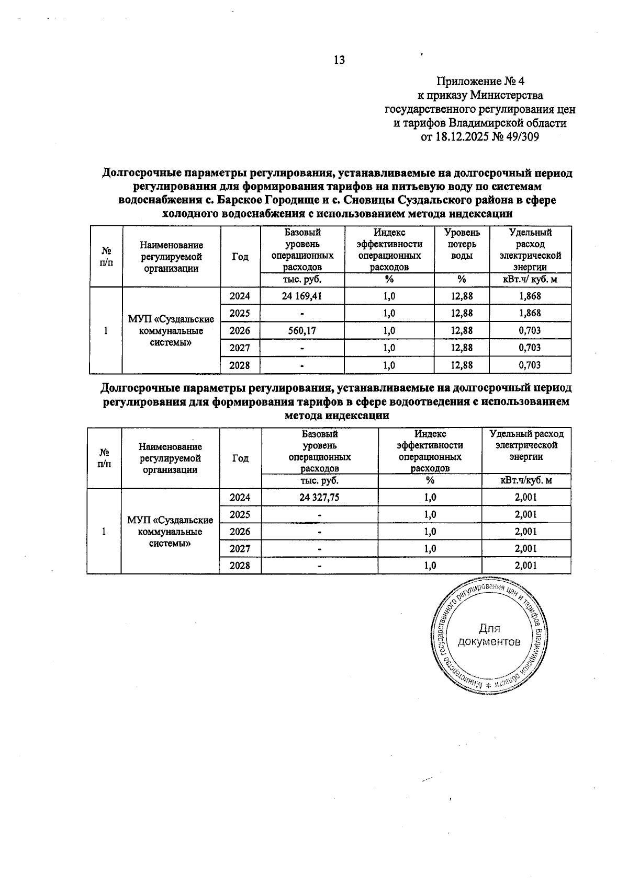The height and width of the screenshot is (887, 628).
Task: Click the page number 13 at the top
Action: (339, 60)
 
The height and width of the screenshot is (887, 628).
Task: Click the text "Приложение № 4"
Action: (480, 82)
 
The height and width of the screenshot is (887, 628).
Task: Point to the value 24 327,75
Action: (319, 498)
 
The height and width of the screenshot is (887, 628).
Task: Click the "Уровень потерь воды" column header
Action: (462, 244)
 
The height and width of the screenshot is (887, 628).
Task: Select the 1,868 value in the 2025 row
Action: (530, 313)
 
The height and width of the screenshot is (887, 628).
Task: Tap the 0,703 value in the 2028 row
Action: (530, 365)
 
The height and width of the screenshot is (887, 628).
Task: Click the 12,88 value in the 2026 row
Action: (462, 330)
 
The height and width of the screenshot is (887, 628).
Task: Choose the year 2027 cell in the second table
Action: (240, 548)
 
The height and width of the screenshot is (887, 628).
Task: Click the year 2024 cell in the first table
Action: (240, 296)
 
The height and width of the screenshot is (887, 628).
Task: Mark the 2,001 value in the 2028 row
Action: (526, 566)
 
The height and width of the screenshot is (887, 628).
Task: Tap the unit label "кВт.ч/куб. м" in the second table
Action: (526, 480)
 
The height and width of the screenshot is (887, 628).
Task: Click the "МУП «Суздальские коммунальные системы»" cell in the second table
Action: (170, 532)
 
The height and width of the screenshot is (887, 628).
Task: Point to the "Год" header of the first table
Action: (240, 257)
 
